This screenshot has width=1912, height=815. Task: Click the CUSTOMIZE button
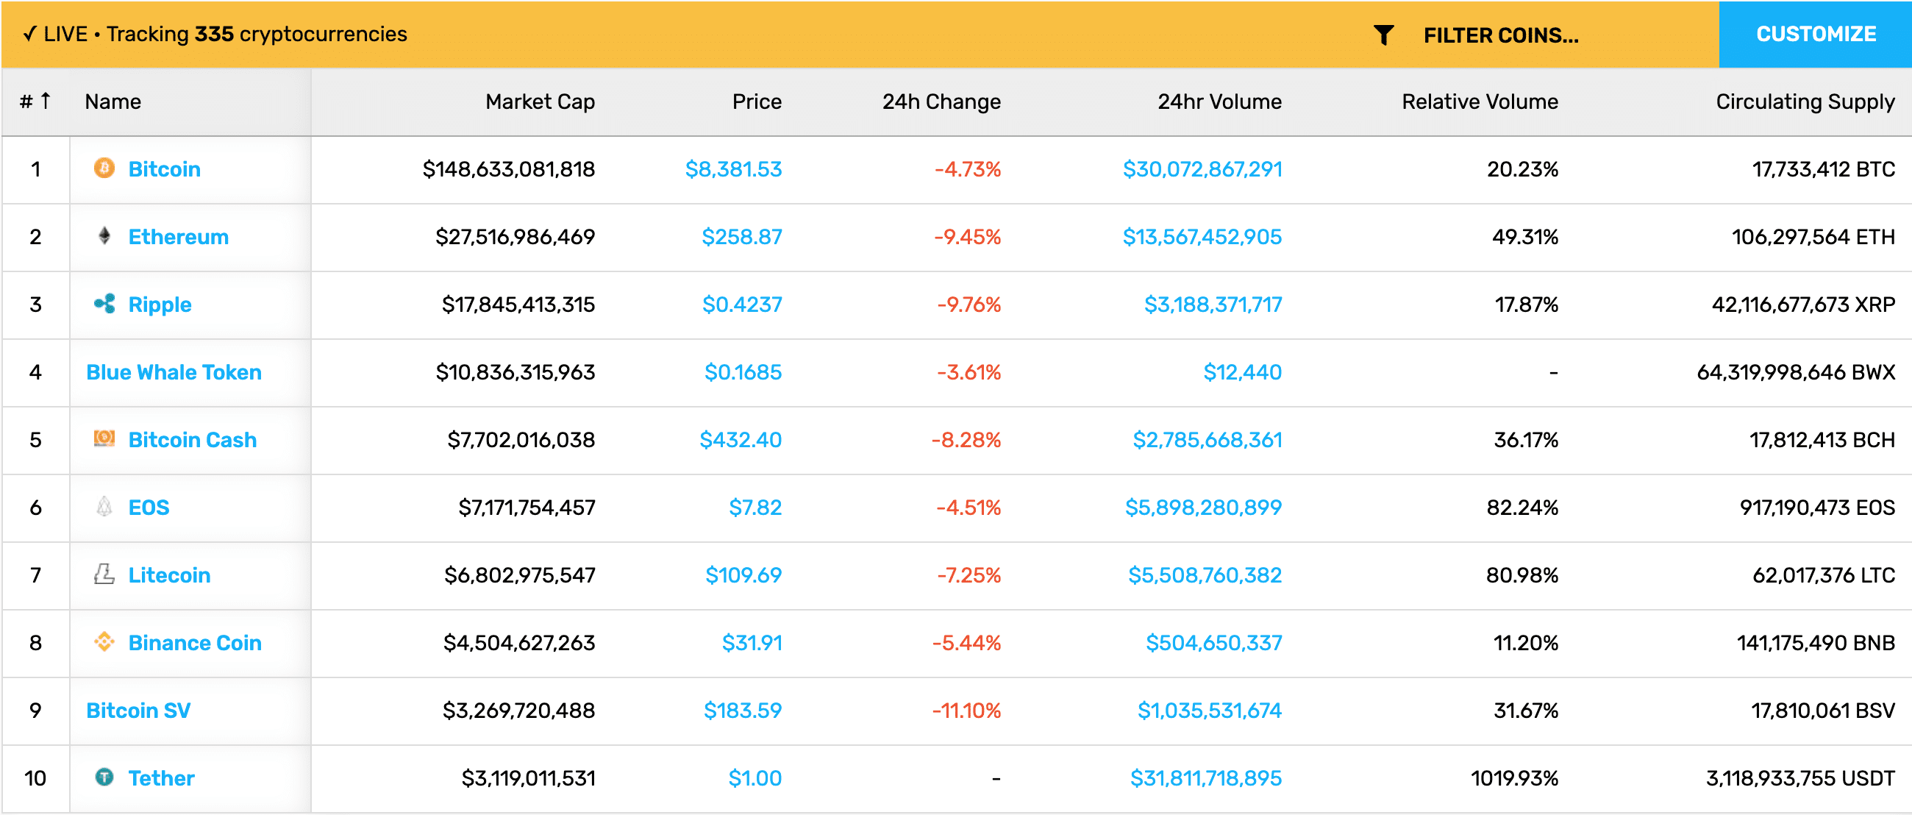click(x=1815, y=34)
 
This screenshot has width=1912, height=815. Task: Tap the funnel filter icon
click(x=1383, y=35)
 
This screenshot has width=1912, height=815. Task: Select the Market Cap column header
click(x=540, y=102)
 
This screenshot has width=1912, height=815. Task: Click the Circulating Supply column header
click(x=1805, y=102)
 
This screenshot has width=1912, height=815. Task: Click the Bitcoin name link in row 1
click(x=164, y=169)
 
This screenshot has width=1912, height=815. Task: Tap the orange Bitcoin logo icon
click(x=104, y=168)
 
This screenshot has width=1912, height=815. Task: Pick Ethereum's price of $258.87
click(x=741, y=237)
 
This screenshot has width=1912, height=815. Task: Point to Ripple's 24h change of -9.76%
click(x=969, y=305)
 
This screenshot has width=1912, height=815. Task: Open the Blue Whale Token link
click(x=174, y=372)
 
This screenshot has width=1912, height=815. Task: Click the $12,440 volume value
click(x=1242, y=372)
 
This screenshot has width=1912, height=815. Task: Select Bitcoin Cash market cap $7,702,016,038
click(x=521, y=439)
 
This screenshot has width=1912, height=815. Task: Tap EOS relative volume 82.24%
click(x=1522, y=507)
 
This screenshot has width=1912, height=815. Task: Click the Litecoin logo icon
click(x=104, y=574)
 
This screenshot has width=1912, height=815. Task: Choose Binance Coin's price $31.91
click(x=752, y=642)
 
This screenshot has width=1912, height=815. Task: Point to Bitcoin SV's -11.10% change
click(x=966, y=711)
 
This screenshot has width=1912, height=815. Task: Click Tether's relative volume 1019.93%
click(x=1514, y=778)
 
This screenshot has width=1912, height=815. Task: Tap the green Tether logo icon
click(x=104, y=777)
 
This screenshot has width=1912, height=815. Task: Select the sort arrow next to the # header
click(x=46, y=100)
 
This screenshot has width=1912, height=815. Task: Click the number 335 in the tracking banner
click(x=214, y=34)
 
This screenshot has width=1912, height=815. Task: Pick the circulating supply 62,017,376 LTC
click(x=1823, y=574)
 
